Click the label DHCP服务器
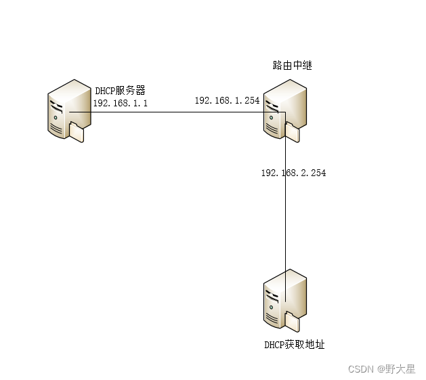[x=121, y=90]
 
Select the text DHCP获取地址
[x=294, y=345]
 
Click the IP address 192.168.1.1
[x=120, y=102]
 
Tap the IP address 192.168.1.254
[x=227, y=100]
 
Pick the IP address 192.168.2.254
[x=293, y=173]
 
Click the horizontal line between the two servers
[x=176, y=112]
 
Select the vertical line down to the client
[x=285, y=217]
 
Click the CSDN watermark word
[x=360, y=369]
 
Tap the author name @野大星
[x=396, y=369]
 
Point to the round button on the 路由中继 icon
[x=271, y=117]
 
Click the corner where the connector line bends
[x=285, y=112]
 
